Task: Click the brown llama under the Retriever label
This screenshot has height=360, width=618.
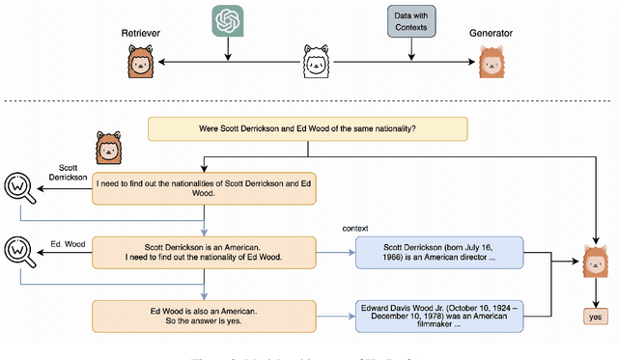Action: (141, 64)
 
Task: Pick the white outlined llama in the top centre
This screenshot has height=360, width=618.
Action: (317, 64)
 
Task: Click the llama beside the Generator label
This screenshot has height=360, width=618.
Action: (493, 64)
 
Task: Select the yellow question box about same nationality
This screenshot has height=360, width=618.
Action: (307, 128)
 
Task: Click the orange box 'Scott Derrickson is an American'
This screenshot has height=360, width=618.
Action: (206, 251)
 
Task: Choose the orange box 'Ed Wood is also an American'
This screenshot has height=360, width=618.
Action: (206, 316)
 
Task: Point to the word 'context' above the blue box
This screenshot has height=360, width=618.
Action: (356, 228)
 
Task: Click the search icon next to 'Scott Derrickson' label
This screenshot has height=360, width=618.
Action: (20, 186)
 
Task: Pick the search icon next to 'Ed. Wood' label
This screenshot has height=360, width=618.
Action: (20, 252)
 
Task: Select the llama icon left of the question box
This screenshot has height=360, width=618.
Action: (108, 149)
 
